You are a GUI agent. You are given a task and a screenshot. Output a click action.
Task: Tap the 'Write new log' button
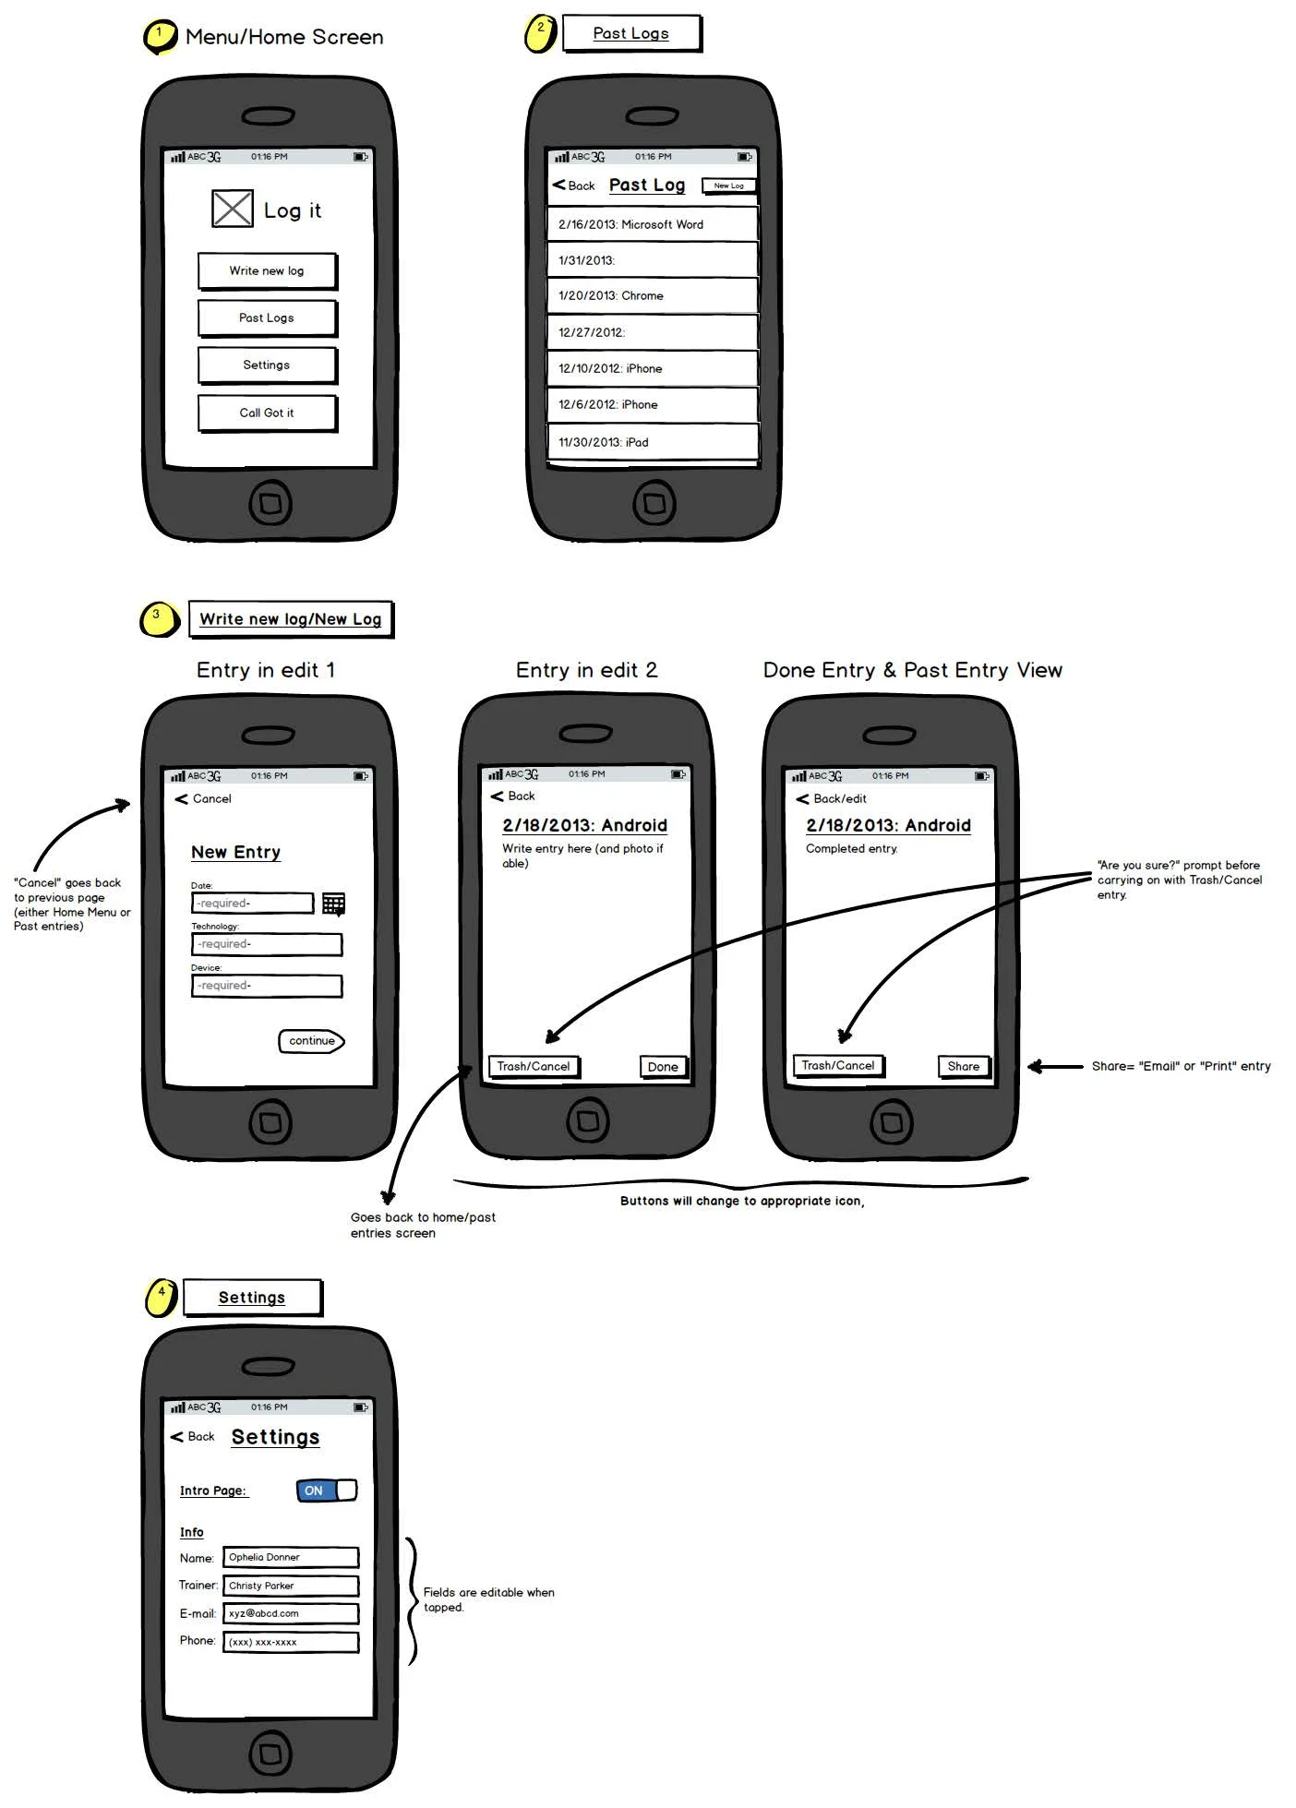[267, 270]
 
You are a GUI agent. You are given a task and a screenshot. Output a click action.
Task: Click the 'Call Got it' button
[267, 413]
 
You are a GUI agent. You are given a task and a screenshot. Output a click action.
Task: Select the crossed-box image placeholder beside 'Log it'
[232, 209]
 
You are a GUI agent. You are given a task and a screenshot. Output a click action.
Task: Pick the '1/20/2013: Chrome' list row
[652, 295]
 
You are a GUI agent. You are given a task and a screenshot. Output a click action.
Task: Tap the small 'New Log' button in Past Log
[728, 186]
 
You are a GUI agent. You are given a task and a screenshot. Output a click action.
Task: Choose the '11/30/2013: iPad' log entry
[652, 442]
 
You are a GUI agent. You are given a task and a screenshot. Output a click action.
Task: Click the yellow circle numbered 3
[158, 618]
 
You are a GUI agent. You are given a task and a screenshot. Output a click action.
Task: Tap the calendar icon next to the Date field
[333, 904]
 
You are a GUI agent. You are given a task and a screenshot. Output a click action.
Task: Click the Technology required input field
[267, 944]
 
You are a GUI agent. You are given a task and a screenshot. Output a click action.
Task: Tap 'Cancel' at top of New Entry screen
[204, 798]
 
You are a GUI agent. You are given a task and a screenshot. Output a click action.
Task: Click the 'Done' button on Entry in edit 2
[663, 1067]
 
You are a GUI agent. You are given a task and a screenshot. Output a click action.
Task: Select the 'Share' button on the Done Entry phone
[963, 1066]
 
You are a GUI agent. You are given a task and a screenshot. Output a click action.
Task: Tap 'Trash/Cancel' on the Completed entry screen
[837, 1066]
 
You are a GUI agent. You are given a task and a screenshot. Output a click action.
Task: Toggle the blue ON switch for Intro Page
[326, 1491]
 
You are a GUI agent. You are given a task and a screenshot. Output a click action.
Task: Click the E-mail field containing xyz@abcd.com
[290, 1613]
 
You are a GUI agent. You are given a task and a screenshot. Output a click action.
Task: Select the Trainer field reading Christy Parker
[290, 1586]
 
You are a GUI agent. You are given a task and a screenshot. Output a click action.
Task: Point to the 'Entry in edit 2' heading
[586, 670]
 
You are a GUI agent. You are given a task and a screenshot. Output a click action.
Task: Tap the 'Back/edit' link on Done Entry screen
[832, 798]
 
